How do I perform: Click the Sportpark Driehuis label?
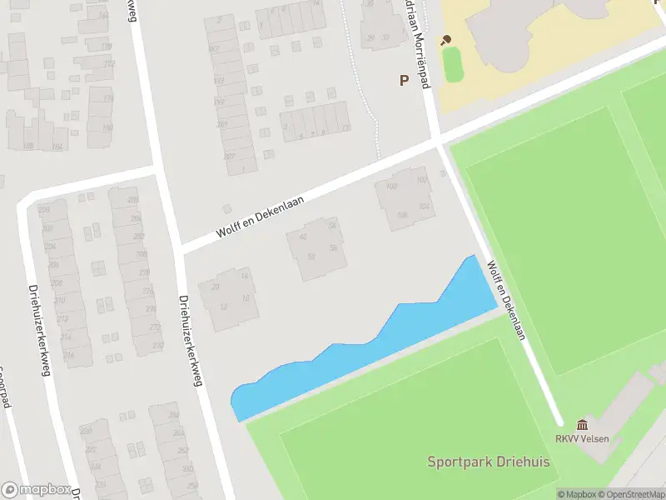pyautogui.click(x=482, y=462)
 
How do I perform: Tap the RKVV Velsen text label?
pyautogui.click(x=583, y=439)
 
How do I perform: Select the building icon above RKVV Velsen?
pyautogui.click(x=581, y=425)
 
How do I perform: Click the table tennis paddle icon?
pyautogui.click(x=446, y=39)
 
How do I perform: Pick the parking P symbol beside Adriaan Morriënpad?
pyautogui.click(x=405, y=81)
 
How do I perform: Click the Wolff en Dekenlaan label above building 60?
pyautogui.click(x=261, y=216)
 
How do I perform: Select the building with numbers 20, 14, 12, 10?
pyautogui.click(x=229, y=296)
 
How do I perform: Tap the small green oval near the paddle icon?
pyautogui.click(x=452, y=64)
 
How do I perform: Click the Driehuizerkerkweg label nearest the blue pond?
pyautogui.click(x=191, y=342)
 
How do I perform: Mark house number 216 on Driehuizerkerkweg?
pyautogui.click(x=69, y=355)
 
